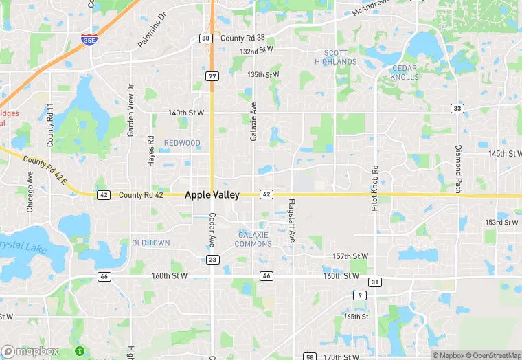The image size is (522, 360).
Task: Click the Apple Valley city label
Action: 212,195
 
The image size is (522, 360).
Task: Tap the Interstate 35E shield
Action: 88,40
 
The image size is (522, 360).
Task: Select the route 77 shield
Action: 212,76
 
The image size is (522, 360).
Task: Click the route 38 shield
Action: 206,38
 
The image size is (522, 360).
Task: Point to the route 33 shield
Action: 457,109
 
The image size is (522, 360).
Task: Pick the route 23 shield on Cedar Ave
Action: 212,259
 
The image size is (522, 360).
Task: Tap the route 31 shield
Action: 374,282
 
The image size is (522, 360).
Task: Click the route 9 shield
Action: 360,295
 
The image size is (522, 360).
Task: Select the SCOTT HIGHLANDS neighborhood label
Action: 336,57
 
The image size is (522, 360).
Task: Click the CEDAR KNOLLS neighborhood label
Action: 405,72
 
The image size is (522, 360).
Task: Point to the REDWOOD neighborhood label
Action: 182,143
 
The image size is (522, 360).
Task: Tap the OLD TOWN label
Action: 151,243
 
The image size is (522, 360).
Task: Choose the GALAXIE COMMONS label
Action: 253,239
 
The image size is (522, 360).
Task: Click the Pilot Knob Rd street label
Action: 375,188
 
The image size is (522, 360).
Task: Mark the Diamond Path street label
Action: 458,169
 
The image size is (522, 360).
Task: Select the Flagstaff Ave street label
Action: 292,220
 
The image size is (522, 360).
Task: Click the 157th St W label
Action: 350,256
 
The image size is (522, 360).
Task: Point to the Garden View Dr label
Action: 130,110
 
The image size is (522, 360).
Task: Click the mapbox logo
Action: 30,351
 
